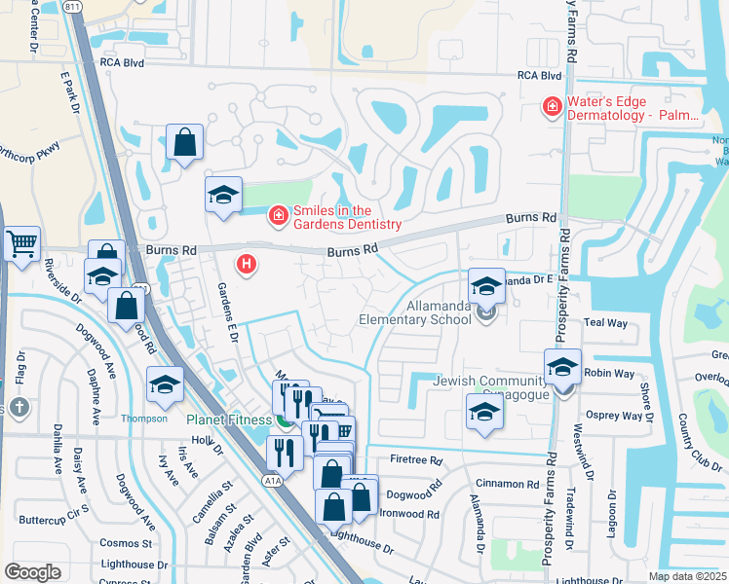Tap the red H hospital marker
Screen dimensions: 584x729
248,264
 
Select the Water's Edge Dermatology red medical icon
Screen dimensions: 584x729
553,106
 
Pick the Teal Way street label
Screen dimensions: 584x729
604,322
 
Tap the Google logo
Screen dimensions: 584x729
32,571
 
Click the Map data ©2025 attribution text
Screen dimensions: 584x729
687,576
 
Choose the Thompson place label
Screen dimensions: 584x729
144,419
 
